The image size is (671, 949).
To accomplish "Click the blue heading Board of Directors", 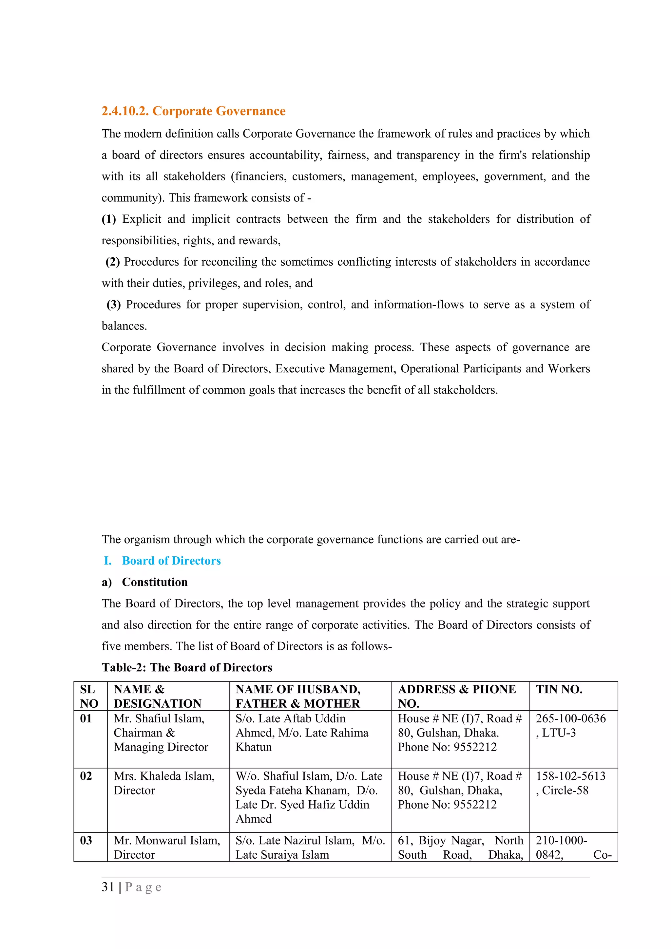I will point(171,561).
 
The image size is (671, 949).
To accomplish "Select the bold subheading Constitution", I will point(155,582).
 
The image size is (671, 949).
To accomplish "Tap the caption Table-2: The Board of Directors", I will point(187,667).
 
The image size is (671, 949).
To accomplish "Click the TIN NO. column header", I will point(559,689).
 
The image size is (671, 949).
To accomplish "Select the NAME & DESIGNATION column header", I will point(158,697).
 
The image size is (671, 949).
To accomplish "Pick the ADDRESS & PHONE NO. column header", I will point(456,697).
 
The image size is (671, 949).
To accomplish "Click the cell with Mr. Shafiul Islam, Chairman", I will point(161,733).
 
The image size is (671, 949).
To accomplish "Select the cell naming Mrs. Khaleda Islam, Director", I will point(164,783).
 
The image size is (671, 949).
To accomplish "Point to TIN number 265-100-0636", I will point(570,719).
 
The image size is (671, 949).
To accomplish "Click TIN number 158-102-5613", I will point(570,776).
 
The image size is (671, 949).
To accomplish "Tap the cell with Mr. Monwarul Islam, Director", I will point(167,847).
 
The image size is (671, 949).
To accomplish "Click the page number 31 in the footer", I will point(108,887).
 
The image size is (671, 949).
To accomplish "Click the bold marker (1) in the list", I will point(109,219).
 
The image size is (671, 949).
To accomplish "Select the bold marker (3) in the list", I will point(114,305).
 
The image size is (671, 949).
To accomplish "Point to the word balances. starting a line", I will point(125,326).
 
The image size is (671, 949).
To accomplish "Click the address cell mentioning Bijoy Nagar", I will point(460,847).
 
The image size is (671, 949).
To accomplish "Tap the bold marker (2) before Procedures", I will point(113,262).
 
